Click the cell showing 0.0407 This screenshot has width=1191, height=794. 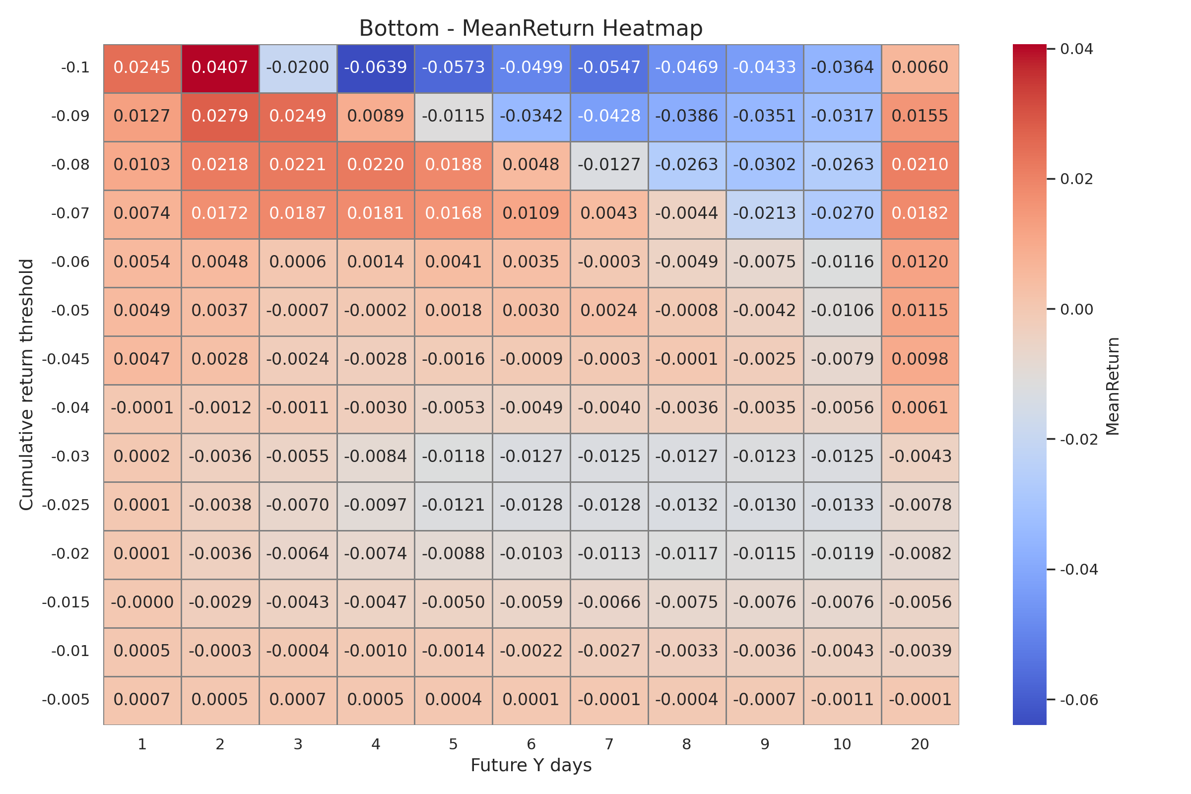(220, 68)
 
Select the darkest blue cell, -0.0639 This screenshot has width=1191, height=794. (375, 68)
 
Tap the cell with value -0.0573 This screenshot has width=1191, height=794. (453, 68)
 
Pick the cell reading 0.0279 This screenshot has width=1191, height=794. (220, 117)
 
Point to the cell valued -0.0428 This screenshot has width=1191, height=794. (609, 117)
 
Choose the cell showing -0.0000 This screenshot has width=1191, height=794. (142, 602)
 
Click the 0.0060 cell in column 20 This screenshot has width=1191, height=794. (920, 68)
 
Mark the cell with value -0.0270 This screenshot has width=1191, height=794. (842, 214)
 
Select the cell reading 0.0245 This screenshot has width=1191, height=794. (142, 68)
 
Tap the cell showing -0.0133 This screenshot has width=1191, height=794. (842, 505)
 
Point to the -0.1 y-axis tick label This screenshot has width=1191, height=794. (75, 68)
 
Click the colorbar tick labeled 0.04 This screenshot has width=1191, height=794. (1076, 50)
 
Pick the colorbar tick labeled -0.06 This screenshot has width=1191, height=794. (1078, 700)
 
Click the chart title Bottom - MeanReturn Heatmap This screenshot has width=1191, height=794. (530, 29)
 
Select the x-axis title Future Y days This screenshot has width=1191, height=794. (530, 766)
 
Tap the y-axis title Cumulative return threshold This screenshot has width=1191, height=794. (26, 385)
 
